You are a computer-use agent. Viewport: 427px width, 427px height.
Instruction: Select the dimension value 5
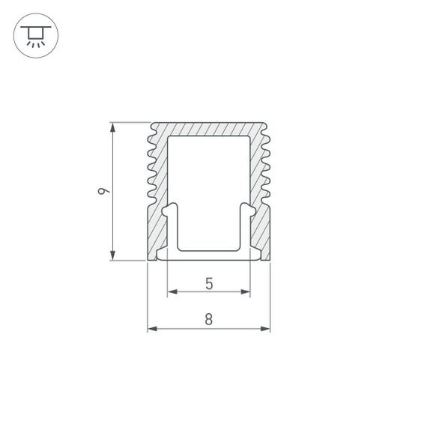208,283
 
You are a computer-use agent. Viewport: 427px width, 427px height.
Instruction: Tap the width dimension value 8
208,319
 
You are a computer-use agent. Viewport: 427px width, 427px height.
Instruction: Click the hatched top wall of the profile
208,129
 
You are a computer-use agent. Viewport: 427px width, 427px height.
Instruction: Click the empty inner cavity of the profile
208,187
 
